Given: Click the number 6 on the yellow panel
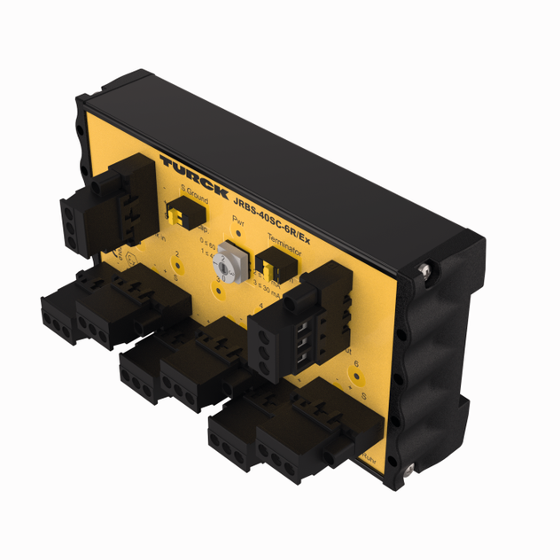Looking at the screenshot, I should pos(356,363).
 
